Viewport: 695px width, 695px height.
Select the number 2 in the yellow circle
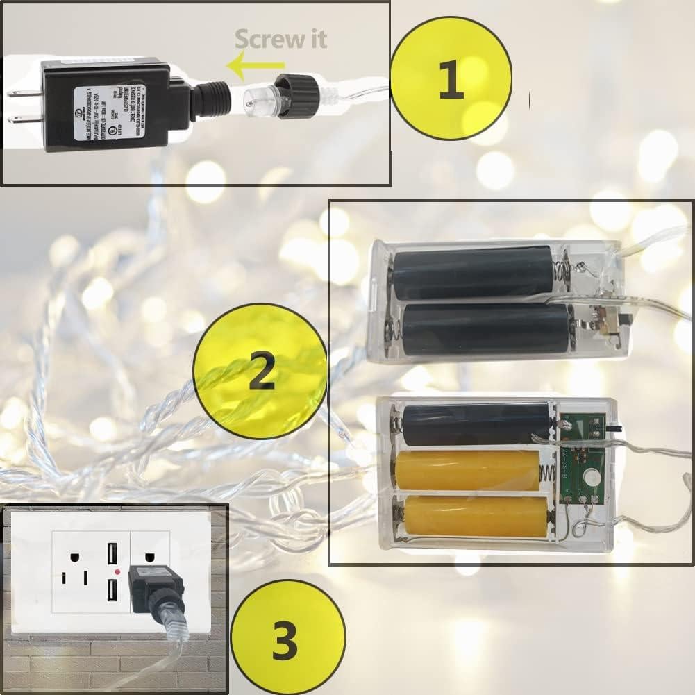[260, 374]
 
